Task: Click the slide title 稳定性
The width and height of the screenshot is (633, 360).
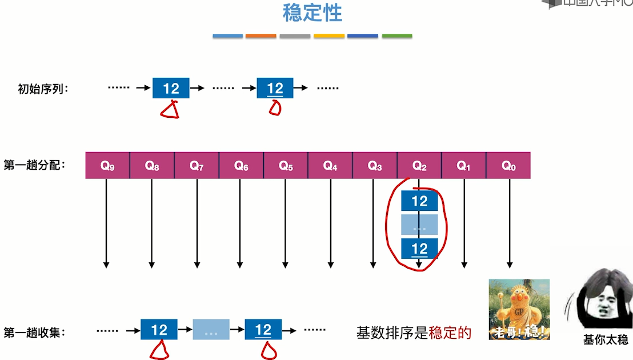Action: point(312,13)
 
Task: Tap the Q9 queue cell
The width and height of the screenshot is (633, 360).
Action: point(107,166)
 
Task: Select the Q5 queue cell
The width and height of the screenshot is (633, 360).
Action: point(286,166)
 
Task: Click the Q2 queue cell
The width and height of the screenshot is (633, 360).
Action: point(419,166)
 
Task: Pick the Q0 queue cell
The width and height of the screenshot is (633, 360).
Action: point(508,166)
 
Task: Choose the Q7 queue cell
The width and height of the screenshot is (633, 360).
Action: point(197,166)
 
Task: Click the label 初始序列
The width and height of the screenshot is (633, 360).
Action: point(43,89)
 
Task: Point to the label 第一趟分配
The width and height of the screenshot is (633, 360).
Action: point(35,165)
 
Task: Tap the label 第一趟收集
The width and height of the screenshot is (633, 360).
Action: point(35,332)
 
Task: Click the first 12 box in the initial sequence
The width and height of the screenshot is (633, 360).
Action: point(171,89)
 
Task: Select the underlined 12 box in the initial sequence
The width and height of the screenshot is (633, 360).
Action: point(275,89)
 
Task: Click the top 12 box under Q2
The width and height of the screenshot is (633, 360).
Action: point(419,201)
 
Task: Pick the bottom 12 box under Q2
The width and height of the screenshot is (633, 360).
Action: point(419,249)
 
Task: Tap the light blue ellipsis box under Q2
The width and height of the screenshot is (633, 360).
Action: point(419,225)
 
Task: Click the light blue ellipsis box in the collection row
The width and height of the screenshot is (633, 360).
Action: point(211,330)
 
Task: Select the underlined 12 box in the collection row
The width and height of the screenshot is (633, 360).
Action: point(263,330)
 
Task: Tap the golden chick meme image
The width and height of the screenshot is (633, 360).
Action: point(519,309)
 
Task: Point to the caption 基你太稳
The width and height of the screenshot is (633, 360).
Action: point(604,339)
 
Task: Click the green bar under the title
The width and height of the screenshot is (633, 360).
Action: point(396,36)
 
